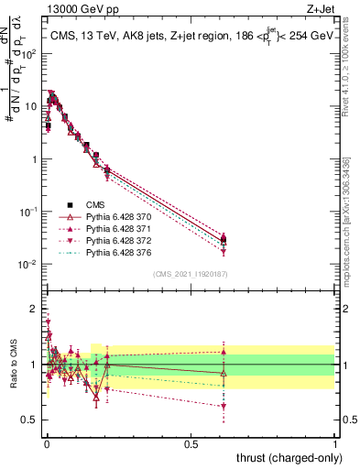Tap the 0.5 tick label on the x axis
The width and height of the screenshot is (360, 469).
[191, 442]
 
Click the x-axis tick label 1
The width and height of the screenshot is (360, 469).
[335, 442]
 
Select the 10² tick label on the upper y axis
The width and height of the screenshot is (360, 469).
[29, 53]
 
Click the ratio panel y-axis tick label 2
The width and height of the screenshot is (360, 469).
[33, 308]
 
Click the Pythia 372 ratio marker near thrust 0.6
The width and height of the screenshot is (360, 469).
[224, 406]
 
